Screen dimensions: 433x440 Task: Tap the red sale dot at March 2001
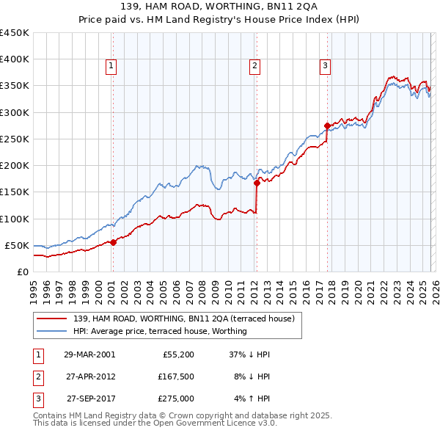[114, 242]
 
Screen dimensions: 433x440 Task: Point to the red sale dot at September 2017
[327, 125]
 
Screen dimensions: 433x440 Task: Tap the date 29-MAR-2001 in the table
[89, 354]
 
